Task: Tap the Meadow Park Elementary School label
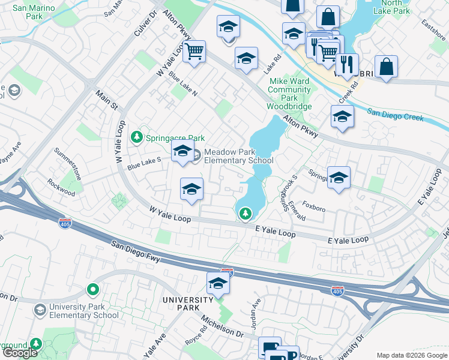(238, 157)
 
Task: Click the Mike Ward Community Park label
(290, 89)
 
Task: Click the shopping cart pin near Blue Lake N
(194, 52)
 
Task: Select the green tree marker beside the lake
(245, 213)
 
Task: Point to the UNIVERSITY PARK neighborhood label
(188, 304)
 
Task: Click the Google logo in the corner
(20, 353)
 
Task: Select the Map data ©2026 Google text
(411, 355)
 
